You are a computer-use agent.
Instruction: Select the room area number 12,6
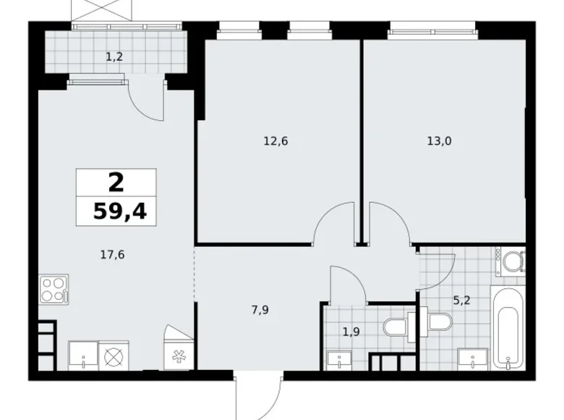(x=275, y=141)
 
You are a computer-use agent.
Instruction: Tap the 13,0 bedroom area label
(x=439, y=141)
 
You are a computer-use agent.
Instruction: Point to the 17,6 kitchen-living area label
(x=113, y=253)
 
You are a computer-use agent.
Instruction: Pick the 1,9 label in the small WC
(x=351, y=332)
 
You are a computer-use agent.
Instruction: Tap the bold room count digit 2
(x=116, y=182)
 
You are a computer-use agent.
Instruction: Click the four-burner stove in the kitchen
(x=54, y=290)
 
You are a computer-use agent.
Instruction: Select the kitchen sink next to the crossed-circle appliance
(x=83, y=356)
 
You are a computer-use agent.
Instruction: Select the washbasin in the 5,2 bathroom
(x=472, y=358)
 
